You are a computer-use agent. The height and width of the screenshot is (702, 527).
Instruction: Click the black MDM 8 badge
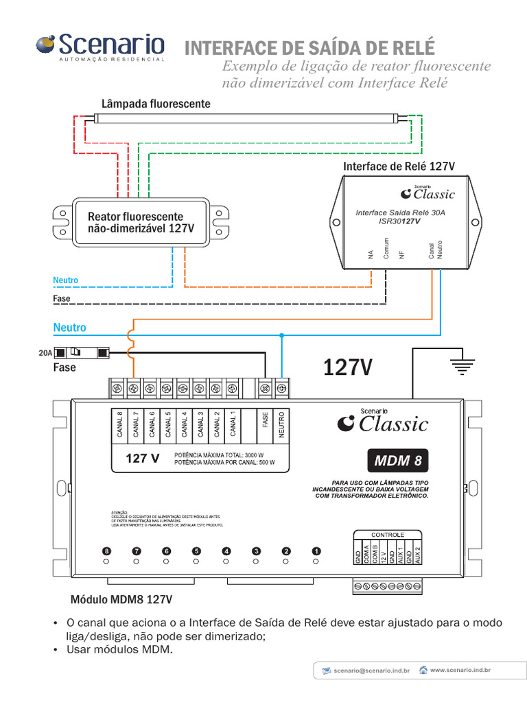click(398, 461)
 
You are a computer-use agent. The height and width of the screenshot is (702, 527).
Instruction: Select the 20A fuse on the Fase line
click(82, 353)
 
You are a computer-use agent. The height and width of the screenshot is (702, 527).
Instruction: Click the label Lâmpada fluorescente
click(156, 104)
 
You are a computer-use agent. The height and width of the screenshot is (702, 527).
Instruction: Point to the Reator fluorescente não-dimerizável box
click(141, 222)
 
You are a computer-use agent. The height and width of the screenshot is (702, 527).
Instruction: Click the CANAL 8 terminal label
click(119, 424)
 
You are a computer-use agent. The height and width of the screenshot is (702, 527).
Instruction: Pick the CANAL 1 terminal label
click(233, 424)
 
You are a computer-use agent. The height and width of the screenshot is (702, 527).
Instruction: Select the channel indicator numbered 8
click(106, 550)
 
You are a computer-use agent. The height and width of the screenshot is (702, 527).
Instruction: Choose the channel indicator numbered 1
click(316, 550)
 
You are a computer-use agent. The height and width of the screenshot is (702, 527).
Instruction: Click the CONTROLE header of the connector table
click(388, 535)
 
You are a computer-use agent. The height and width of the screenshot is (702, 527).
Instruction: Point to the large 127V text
click(348, 368)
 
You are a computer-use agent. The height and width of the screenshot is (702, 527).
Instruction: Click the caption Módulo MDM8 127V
click(121, 600)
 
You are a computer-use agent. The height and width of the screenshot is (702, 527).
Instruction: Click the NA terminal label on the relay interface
click(371, 254)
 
